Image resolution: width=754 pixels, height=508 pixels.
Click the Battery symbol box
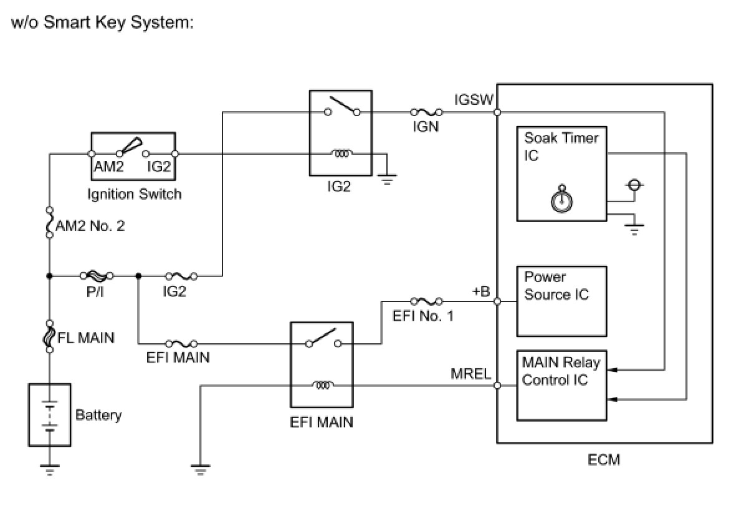(x=49, y=415)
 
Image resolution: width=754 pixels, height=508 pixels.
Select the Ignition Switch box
(x=133, y=154)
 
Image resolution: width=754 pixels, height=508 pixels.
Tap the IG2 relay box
(x=340, y=133)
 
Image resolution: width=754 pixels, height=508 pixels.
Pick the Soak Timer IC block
(x=561, y=174)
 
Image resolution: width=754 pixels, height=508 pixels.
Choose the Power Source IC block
(x=561, y=301)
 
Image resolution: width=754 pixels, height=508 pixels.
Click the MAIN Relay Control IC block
(x=561, y=385)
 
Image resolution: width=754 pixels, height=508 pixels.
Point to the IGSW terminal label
(x=474, y=100)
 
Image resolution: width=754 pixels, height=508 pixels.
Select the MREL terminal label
(x=471, y=374)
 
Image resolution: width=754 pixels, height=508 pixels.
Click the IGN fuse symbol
(x=426, y=112)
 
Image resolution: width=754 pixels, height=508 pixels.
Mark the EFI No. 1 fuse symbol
(x=427, y=301)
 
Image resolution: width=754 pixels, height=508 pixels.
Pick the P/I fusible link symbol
(x=96, y=275)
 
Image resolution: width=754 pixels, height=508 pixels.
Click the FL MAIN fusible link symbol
(x=50, y=336)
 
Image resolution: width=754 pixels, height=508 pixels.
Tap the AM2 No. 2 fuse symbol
(x=50, y=223)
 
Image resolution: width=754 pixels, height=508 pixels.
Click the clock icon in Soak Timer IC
(x=562, y=199)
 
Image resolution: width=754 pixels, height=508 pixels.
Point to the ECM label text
(x=604, y=461)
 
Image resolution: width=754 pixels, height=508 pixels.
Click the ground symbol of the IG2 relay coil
(x=387, y=180)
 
